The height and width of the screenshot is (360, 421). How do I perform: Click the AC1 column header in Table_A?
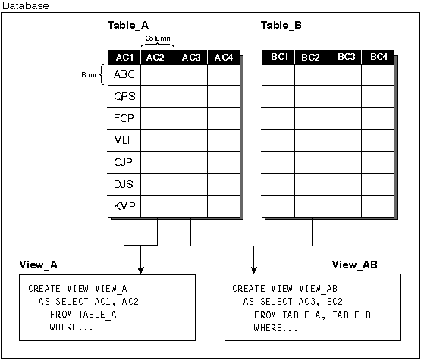coord(124,57)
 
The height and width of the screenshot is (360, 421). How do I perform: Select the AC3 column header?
coord(190,57)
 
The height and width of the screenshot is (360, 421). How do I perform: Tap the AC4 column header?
coord(223,57)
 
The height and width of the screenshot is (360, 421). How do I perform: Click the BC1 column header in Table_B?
coord(279,57)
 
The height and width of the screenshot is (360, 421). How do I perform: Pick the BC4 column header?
coord(378,57)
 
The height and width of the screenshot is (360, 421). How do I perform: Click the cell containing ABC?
coord(124,74)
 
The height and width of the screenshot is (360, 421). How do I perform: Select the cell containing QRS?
coord(124,96)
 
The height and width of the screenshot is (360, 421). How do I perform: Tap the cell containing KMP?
coord(124,205)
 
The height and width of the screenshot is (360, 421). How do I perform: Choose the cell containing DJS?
coord(124,184)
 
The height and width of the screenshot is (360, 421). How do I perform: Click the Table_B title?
coord(281,26)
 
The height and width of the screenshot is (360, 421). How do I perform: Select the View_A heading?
coord(39,265)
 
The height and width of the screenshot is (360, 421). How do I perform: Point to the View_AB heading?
coord(354,265)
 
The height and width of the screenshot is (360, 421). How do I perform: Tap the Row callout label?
coord(89,75)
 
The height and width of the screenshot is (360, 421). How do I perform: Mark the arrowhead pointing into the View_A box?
coord(140,270)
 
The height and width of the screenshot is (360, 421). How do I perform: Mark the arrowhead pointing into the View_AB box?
coord(254,270)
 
